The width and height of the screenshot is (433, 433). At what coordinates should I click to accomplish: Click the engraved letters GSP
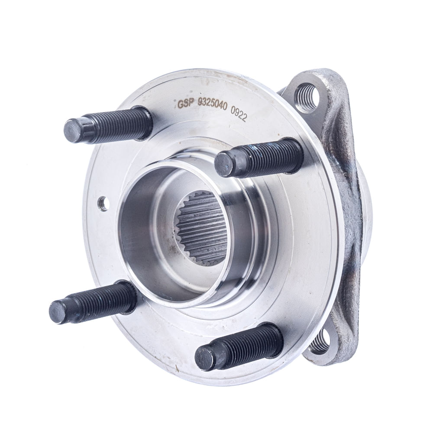tap(186, 104)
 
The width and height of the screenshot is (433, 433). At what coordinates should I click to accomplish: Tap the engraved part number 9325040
tap(212, 107)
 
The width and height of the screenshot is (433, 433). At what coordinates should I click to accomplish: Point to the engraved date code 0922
tap(239, 116)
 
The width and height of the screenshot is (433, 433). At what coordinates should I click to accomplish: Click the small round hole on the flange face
tap(104, 203)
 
